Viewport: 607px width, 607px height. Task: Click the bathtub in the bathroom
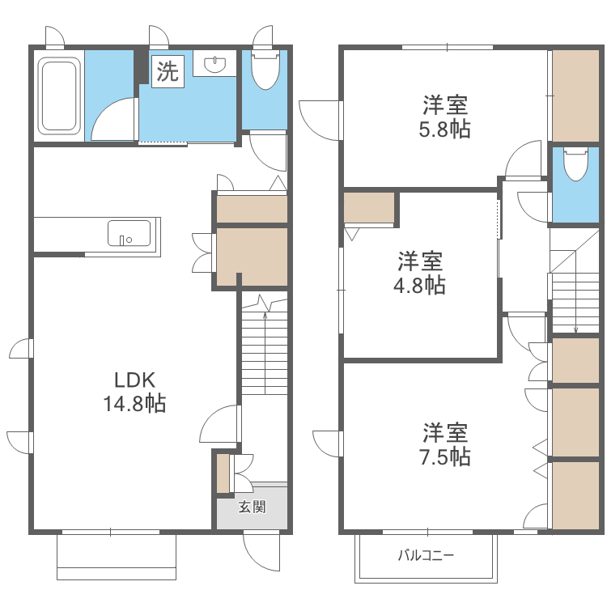coord(59,96)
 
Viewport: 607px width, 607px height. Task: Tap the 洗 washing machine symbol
coord(168,71)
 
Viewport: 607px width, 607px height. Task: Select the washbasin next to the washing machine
coord(214,63)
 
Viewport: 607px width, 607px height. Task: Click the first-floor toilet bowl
coord(265,69)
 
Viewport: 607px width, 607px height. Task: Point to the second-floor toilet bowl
coord(575,163)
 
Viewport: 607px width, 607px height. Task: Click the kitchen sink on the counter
coord(129,233)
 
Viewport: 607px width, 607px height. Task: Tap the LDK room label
coord(134,380)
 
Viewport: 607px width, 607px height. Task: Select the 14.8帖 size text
coord(134,403)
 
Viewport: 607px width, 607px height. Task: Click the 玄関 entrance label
coord(252,507)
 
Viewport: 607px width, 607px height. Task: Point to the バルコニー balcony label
coord(426,555)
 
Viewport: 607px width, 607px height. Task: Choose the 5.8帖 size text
coord(445,129)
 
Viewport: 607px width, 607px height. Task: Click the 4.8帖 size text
coord(419,286)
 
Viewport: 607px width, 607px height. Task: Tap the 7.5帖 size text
coord(445,457)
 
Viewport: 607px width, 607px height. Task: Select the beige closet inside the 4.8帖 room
coord(369,208)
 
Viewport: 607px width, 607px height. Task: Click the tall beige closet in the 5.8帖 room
coord(575,96)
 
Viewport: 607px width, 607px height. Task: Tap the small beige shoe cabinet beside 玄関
coord(223,473)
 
